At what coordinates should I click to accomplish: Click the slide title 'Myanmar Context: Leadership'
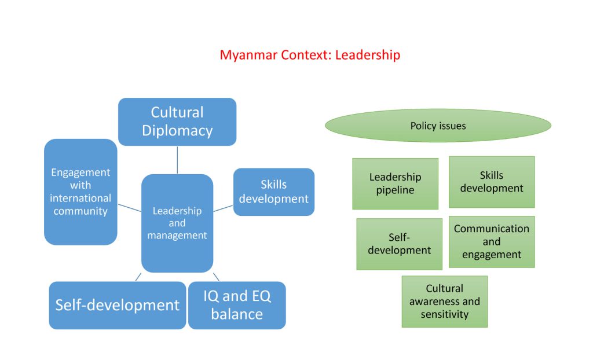click(310, 55)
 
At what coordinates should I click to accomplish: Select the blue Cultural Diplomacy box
click(177, 122)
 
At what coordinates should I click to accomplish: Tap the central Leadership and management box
click(177, 223)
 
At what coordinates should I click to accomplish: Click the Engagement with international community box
click(80, 192)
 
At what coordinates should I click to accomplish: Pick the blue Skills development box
click(274, 192)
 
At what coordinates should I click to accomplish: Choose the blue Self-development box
click(117, 305)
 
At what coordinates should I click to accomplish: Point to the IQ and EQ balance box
click(237, 305)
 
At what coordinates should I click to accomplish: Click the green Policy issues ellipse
click(438, 126)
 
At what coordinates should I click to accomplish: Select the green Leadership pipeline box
click(395, 184)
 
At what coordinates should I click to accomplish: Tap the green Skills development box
click(492, 182)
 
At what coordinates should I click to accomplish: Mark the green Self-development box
click(400, 244)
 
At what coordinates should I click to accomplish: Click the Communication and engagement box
click(492, 242)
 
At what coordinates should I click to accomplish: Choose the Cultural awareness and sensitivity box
click(445, 302)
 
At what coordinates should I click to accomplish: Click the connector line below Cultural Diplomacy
click(177, 160)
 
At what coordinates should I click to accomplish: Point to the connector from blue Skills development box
click(223, 208)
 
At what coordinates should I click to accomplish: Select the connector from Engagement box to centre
click(129, 208)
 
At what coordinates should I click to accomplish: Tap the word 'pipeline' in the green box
click(395, 190)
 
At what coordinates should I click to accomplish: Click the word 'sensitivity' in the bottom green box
click(445, 315)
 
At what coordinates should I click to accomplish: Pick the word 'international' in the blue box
click(80, 198)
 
